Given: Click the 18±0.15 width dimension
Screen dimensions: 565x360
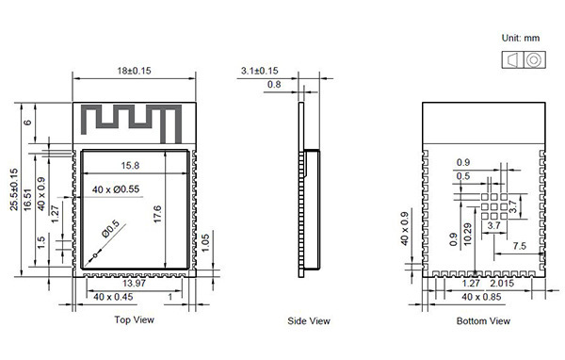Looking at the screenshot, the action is [134, 71].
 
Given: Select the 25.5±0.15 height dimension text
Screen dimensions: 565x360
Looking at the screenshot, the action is [14, 189].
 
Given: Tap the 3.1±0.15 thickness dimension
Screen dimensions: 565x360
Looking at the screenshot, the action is [260, 71].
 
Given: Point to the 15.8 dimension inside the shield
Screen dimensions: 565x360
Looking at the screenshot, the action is [130, 166].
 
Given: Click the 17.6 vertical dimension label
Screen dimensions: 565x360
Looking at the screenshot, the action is [157, 214].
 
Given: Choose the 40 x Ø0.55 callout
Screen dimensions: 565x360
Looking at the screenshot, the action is [116, 189].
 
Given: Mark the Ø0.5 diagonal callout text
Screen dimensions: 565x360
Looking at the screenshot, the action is [110, 229].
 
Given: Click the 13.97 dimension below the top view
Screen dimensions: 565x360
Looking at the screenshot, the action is [134, 283].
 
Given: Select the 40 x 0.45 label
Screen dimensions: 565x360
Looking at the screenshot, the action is [113, 297].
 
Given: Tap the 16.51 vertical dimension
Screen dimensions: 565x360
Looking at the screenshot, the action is [27, 200].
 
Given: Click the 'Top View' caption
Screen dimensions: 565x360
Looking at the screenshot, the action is [134, 319].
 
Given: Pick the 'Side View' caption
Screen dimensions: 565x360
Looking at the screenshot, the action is [309, 320].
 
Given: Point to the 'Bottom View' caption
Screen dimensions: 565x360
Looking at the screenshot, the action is [483, 320].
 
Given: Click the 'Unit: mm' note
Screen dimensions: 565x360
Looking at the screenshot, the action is [521, 38].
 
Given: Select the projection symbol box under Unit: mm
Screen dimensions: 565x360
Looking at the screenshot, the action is [524, 60].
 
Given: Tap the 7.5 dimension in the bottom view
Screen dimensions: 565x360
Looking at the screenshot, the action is [519, 246].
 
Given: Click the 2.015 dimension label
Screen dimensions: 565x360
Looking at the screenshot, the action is [502, 283].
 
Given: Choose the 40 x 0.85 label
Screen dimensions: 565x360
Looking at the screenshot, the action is [481, 297].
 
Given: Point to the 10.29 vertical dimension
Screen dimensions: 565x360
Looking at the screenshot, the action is [467, 235].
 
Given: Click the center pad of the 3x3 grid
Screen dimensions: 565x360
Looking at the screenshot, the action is [494, 206].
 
